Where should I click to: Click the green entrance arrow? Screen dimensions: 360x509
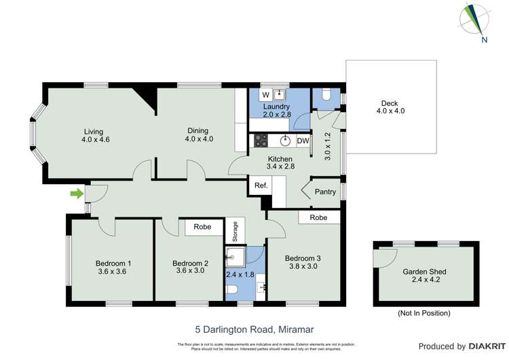77,194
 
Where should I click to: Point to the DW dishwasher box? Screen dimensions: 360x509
303,141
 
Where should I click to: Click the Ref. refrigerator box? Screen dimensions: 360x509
261,185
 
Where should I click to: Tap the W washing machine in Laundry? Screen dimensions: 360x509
266,94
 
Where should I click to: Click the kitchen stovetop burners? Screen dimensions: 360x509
261,141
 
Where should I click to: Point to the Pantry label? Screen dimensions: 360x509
325,192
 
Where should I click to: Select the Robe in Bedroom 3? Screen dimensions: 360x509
318,218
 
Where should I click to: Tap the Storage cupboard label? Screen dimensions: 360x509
235,232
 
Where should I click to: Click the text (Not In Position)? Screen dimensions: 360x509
423,313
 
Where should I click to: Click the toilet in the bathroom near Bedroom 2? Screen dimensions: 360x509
233,291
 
